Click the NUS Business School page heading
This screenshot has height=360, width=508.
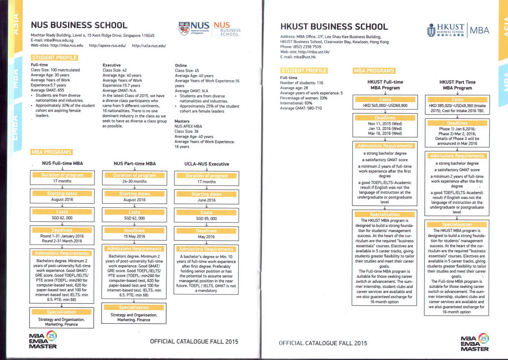point(79,25)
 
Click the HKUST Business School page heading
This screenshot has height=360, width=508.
point(334,27)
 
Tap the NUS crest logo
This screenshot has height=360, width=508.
point(184,28)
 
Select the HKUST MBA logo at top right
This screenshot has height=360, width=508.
point(458,30)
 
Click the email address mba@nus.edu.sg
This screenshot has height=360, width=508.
point(59,40)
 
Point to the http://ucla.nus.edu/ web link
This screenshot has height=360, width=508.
point(149,46)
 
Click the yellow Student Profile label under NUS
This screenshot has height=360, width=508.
point(54,58)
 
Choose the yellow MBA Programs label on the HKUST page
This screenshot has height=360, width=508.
point(374,71)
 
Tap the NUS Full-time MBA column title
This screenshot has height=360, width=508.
point(62,163)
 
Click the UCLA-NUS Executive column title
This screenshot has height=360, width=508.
point(207,164)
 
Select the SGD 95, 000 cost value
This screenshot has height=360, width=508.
point(206,219)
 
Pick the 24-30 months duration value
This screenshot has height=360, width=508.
point(134,181)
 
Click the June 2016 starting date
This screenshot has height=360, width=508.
point(206,200)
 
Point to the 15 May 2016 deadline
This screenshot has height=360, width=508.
point(134,237)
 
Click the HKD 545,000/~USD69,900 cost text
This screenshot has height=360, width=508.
point(385,106)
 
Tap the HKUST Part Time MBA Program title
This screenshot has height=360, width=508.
point(457,85)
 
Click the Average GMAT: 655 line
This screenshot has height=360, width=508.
point(47,90)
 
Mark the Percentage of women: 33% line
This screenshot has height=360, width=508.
point(304,98)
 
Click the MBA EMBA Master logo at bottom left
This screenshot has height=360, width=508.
point(43,340)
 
